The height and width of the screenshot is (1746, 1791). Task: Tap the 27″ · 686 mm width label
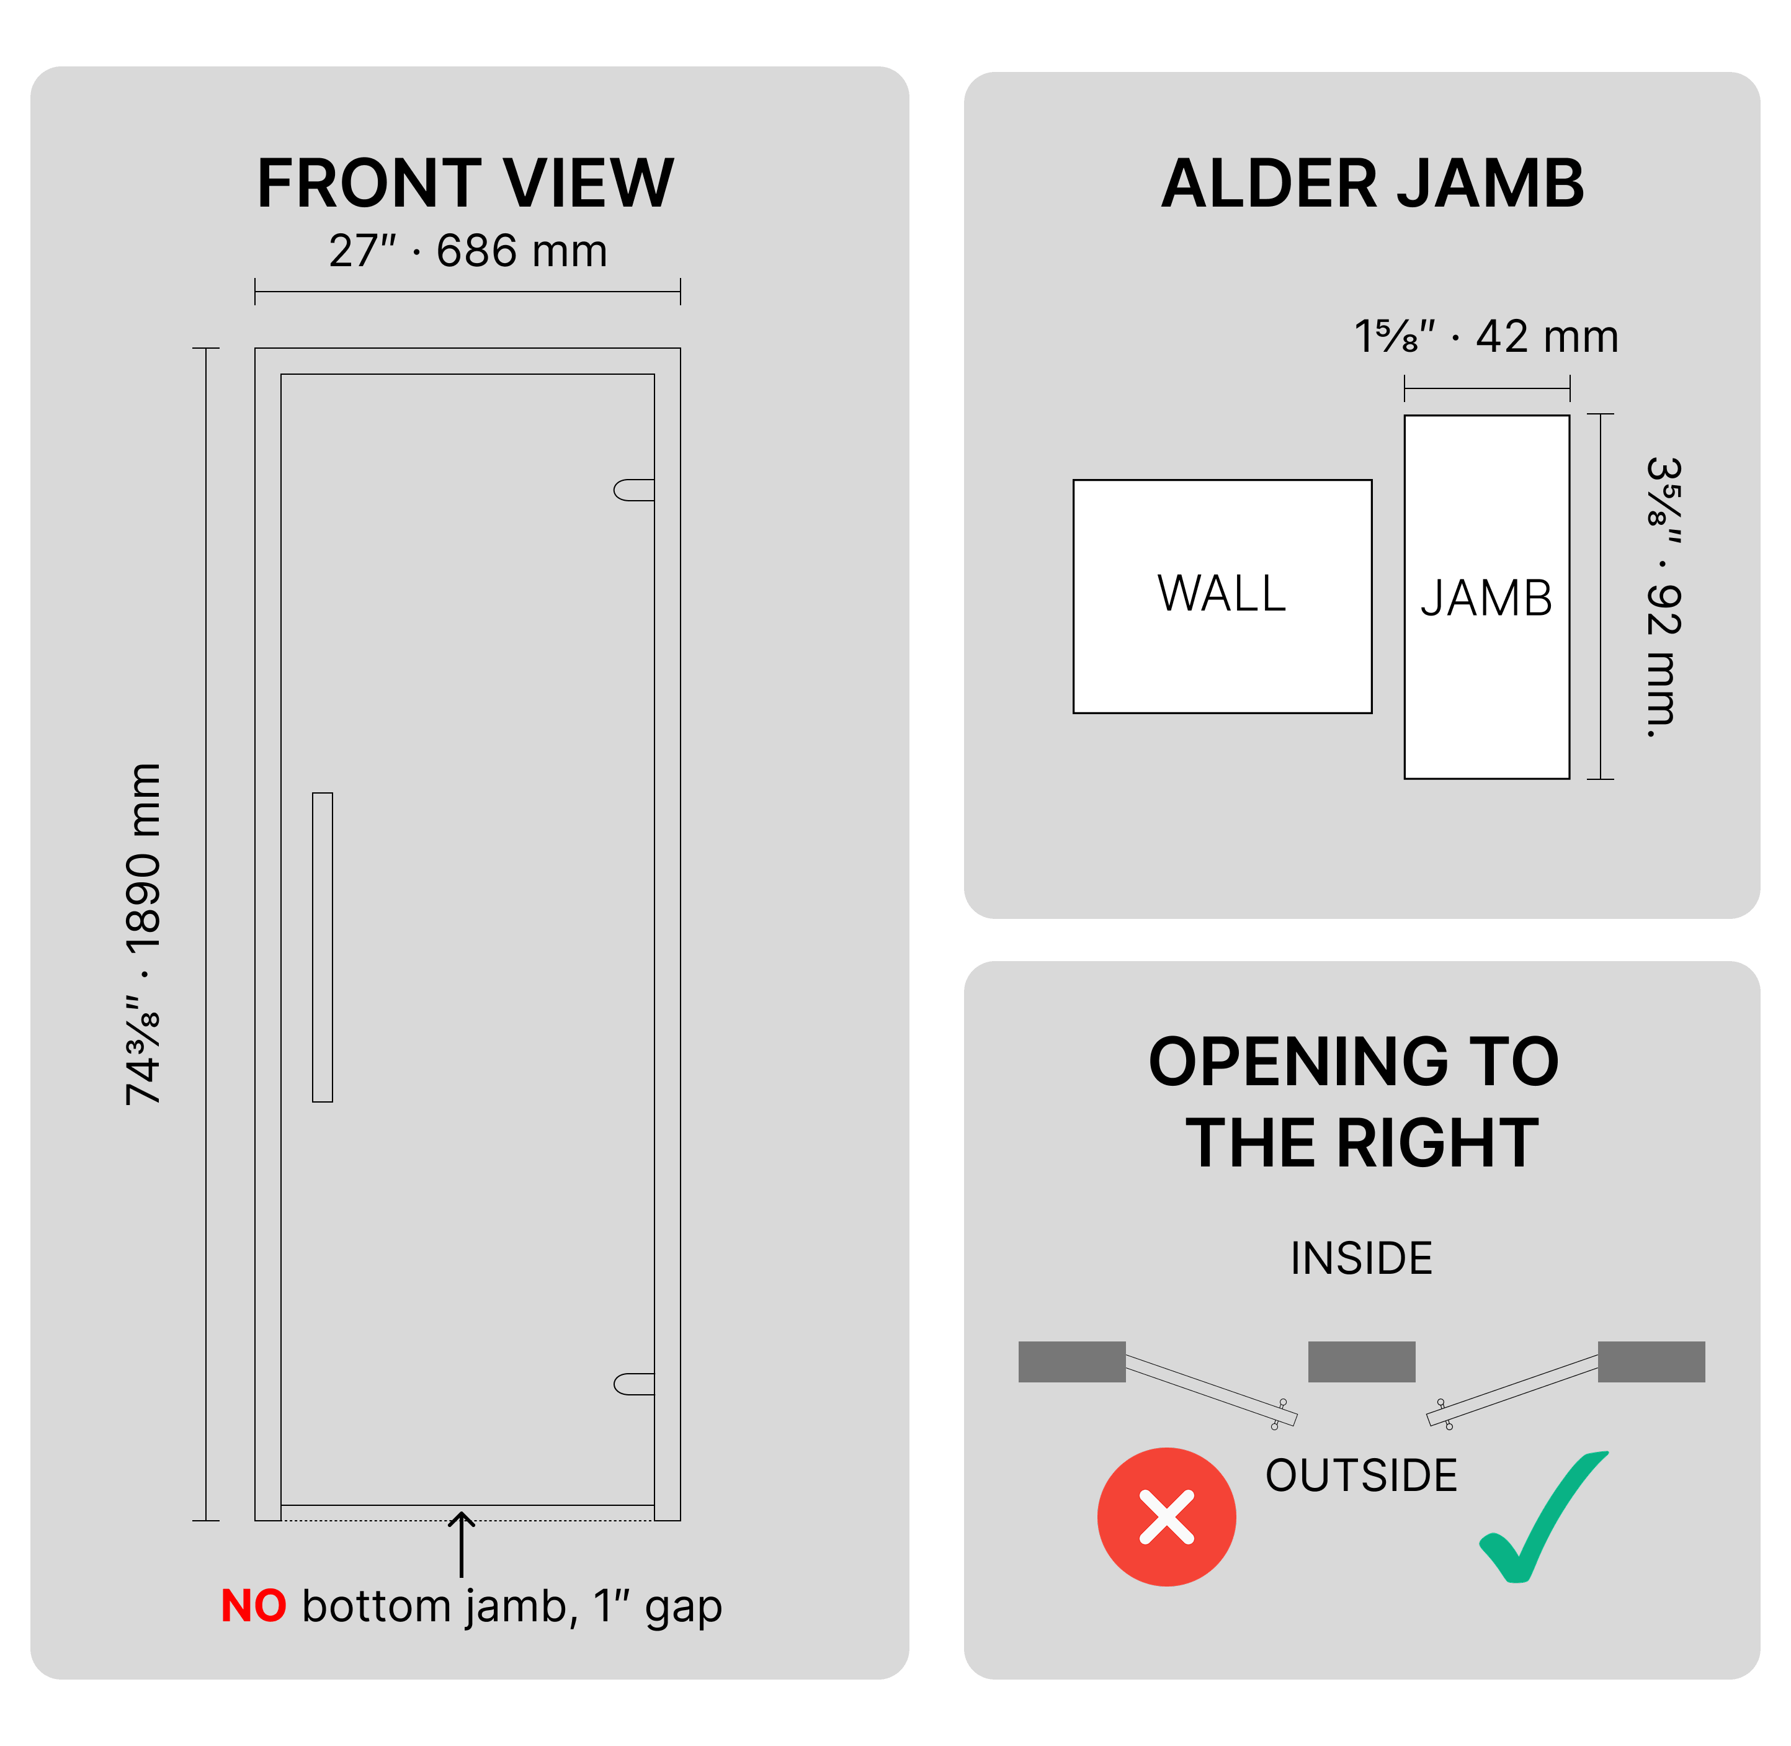[x=468, y=250]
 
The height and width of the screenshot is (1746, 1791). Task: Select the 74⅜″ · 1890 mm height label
[x=144, y=934]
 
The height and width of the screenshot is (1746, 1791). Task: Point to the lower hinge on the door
[x=633, y=1384]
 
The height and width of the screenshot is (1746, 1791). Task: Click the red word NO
[x=254, y=1606]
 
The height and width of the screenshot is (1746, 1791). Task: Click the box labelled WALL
[x=1222, y=596]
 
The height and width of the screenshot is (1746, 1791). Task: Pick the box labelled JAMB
[x=1486, y=597]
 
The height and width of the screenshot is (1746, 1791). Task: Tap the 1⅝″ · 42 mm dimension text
[x=1486, y=336]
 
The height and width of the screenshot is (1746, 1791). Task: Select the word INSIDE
[x=1361, y=1258]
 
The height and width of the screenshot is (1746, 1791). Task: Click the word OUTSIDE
[x=1361, y=1475]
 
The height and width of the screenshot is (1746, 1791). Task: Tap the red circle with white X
[x=1166, y=1517]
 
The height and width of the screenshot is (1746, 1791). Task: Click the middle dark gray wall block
[x=1361, y=1362]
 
